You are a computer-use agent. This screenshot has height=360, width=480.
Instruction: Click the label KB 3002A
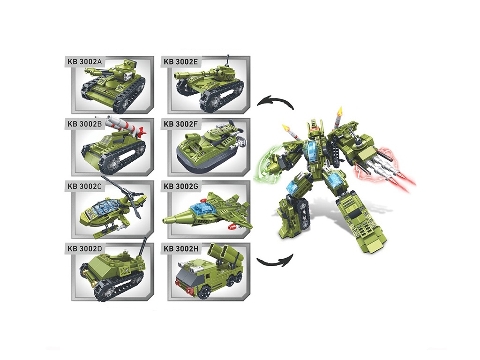click(84, 62)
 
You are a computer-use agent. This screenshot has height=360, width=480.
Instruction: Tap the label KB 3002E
click(180, 62)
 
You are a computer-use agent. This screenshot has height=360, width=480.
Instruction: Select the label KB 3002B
click(84, 124)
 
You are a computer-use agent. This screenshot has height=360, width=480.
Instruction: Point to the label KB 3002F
click(180, 124)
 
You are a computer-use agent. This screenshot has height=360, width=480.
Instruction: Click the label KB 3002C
click(84, 186)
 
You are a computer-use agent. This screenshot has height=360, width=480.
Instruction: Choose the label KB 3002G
click(181, 186)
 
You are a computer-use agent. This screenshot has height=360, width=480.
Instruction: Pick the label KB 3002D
click(84, 248)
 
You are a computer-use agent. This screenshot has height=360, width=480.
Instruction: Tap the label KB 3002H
click(181, 248)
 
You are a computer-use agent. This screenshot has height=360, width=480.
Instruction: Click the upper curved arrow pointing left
click(275, 100)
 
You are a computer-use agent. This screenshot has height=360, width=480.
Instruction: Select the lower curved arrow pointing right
click(275, 262)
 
